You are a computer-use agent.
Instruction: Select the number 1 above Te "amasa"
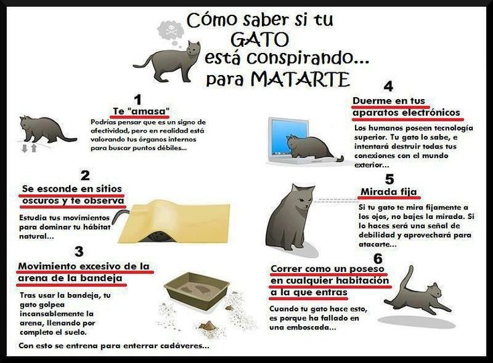tap(138, 100)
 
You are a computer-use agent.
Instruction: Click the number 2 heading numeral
tap(85, 176)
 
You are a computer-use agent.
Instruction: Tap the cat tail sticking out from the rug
tap(117, 217)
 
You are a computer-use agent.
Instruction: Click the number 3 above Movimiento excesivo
tap(79, 252)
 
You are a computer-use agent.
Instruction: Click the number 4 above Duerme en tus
tap(388, 86)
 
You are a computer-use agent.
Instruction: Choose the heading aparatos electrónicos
tap(407, 113)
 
